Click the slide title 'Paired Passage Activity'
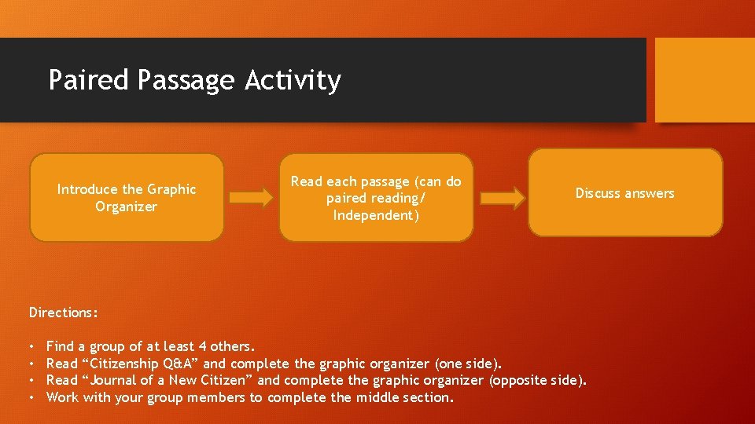pos(194,80)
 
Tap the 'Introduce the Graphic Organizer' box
pos(127,197)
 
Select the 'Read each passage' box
pos(376,198)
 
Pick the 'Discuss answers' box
pos(624,193)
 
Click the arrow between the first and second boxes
pos(252,198)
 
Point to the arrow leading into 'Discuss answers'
pos(502,198)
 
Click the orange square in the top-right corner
pos(705,80)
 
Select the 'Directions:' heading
pos(64,313)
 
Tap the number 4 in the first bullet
pos(194,346)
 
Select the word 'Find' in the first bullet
pos(61,346)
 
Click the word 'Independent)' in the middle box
pos(376,215)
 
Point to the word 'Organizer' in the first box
pos(127,207)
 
